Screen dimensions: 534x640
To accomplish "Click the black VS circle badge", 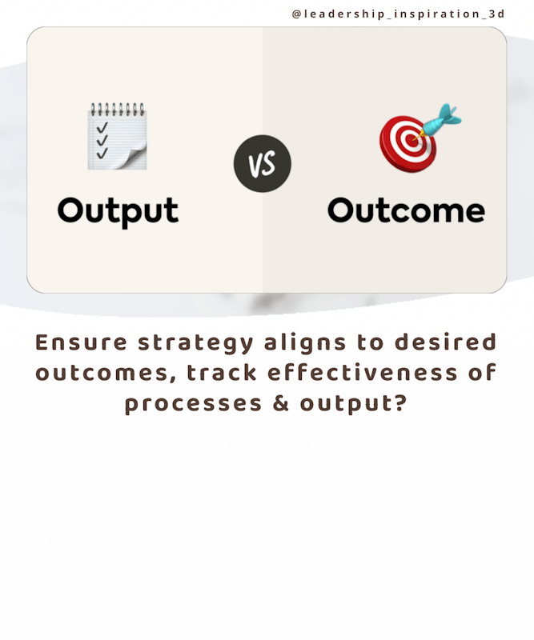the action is click(263, 164).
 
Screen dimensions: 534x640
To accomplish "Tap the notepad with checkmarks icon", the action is click(117, 136).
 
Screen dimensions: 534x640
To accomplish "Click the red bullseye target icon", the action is click(408, 143).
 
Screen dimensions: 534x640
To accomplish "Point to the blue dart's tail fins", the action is click(448, 114).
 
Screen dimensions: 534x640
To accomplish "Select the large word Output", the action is click(118, 211).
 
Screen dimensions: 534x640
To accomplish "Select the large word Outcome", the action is click(406, 210).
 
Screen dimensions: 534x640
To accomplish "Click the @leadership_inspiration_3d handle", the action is click(399, 14).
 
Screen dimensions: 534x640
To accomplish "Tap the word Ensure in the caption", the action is click(81, 342).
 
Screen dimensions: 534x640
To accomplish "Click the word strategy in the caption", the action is click(195, 344).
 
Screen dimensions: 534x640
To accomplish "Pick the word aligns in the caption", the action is click(305, 343).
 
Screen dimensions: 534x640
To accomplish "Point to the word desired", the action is click(446, 342).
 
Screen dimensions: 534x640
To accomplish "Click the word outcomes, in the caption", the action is click(106, 374).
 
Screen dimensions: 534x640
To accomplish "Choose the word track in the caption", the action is click(222, 372).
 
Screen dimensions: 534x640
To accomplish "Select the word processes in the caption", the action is click(193, 405).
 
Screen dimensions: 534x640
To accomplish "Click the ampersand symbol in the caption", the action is click(281, 403).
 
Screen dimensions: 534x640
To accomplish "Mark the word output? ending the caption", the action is click(354, 404).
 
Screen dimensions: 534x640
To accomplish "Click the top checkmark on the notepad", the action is click(102, 127).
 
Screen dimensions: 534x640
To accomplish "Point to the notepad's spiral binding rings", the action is click(117, 109).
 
